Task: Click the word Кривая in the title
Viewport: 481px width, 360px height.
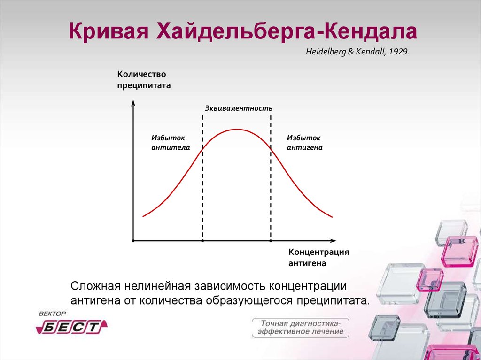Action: coord(109,31)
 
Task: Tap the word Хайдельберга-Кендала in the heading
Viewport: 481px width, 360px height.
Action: coord(287,31)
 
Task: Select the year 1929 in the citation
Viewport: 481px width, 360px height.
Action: coord(398,52)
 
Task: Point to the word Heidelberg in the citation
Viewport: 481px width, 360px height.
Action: coord(326,52)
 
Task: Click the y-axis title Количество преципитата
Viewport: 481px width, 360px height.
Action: coord(144,80)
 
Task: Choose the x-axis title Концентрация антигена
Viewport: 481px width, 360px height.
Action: coord(319,258)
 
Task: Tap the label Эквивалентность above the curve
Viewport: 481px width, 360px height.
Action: coord(238,108)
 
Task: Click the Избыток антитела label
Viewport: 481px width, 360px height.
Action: coord(171,143)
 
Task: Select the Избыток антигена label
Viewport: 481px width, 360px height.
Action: coord(304,143)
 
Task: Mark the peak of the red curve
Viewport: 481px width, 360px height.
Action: coord(237,129)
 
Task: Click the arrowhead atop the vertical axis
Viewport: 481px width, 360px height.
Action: coord(133,103)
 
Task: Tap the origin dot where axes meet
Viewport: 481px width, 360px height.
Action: coord(133,241)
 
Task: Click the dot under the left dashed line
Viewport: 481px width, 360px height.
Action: coord(202,241)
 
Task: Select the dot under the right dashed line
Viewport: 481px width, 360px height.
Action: coord(271,241)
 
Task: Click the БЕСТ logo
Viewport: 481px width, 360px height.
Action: coord(72,327)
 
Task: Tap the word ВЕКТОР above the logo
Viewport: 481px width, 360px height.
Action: coord(52,314)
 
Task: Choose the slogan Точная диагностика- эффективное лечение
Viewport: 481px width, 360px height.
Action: coord(300,328)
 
